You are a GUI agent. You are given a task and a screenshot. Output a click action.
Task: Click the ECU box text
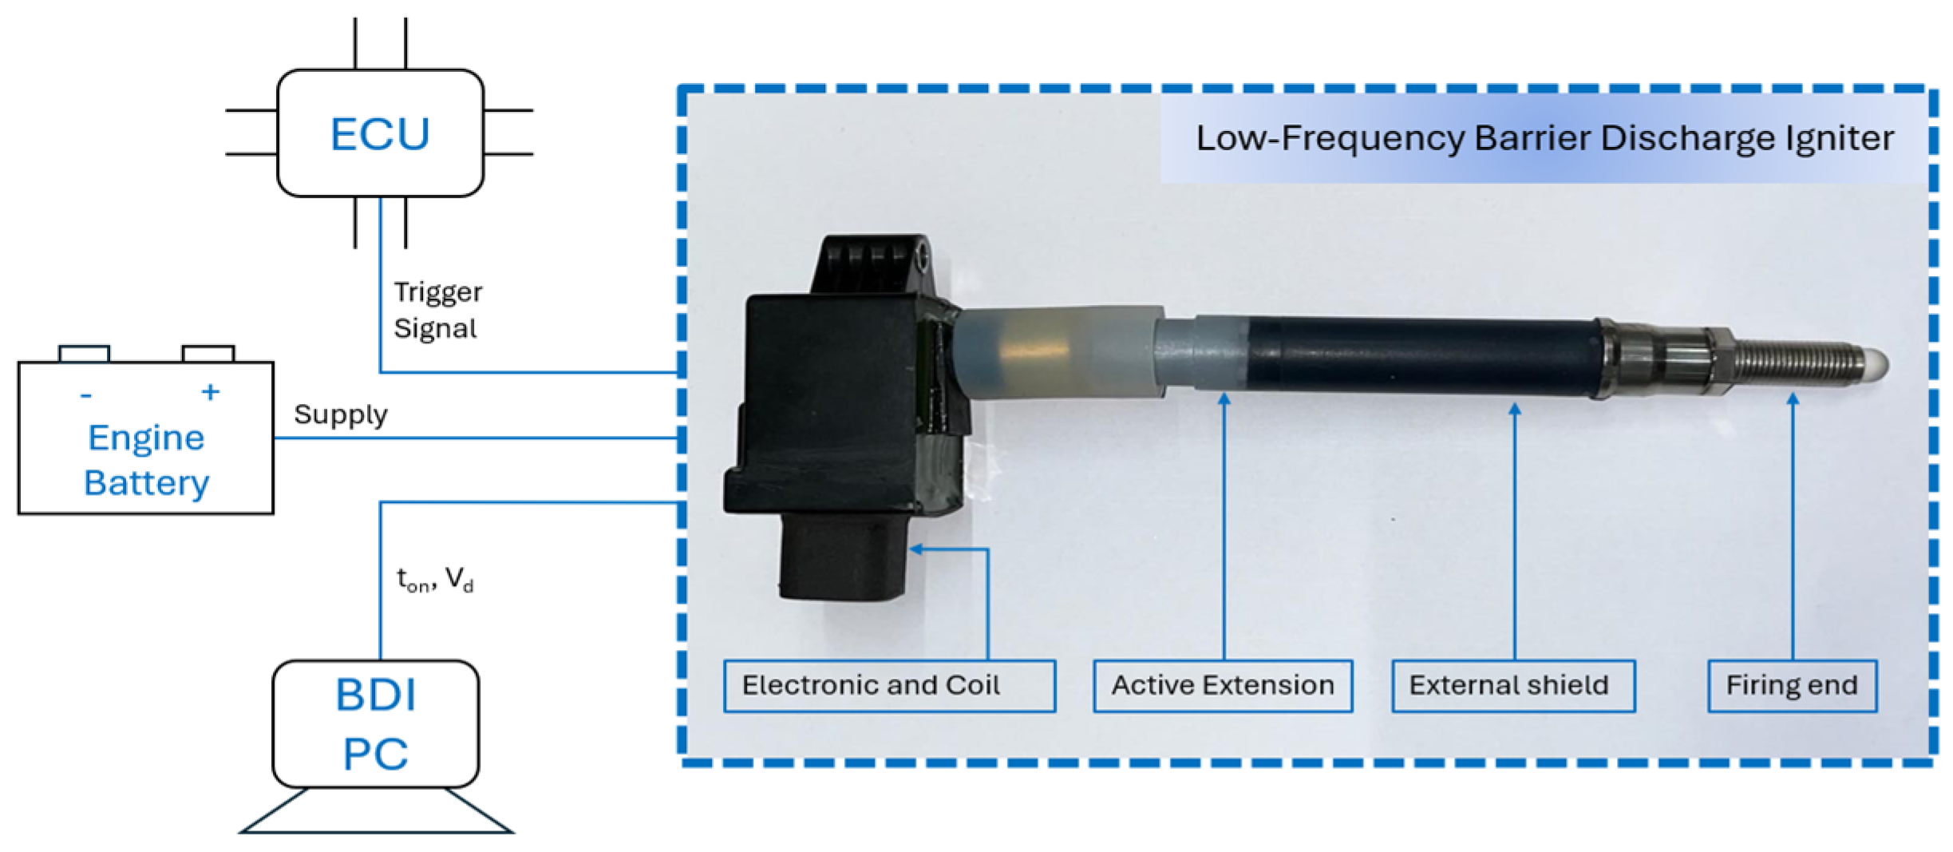tap(380, 134)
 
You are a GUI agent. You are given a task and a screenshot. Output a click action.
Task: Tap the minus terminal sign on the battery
tap(86, 395)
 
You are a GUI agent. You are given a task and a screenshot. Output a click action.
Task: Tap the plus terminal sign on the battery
tap(210, 392)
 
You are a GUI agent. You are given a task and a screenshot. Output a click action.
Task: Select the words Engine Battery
tap(146, 460)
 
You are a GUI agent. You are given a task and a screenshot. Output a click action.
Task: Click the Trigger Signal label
tap(437, 310)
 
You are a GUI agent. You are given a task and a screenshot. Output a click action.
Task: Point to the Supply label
tap(341, 414)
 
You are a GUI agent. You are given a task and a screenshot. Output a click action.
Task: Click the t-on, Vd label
tap(435, 580)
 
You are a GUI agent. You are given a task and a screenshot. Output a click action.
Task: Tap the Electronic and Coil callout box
tap(888, 686)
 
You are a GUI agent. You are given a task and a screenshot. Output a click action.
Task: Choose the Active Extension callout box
tap(1222, 686)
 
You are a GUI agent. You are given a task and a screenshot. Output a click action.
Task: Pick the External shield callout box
tap(1512, 686)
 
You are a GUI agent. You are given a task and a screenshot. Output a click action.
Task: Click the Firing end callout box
tap(1792, 686)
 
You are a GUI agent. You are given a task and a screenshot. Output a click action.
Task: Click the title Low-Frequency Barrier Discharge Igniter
tap(1544, 138)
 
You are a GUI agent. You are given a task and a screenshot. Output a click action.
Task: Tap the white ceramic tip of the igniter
tap(1876, 365)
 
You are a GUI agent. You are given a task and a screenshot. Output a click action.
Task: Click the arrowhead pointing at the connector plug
tap(915, 549)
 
